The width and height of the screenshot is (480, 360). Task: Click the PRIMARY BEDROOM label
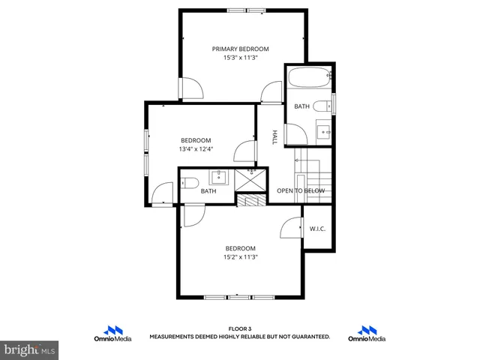(240, 49)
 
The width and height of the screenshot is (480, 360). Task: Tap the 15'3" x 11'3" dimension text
(240, 58)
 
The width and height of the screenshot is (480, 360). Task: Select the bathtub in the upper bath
(308, 77)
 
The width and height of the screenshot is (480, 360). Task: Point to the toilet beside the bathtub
(322, 106)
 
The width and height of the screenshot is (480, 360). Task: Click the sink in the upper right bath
(325, 130)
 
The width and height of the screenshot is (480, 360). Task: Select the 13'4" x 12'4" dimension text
(196, 149)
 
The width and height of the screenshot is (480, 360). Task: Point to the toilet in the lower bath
(190, 182)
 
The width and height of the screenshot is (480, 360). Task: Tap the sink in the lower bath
(219, 178)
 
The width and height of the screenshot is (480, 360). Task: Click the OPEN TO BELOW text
(301, 191)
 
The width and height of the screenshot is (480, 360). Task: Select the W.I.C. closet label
(317, 229)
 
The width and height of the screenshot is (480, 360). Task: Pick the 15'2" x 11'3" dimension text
(240, 257)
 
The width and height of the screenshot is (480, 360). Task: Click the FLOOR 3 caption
(240, 328)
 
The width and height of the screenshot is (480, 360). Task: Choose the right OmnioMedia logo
(367, 334)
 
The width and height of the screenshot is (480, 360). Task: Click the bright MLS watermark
(28, 349)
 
